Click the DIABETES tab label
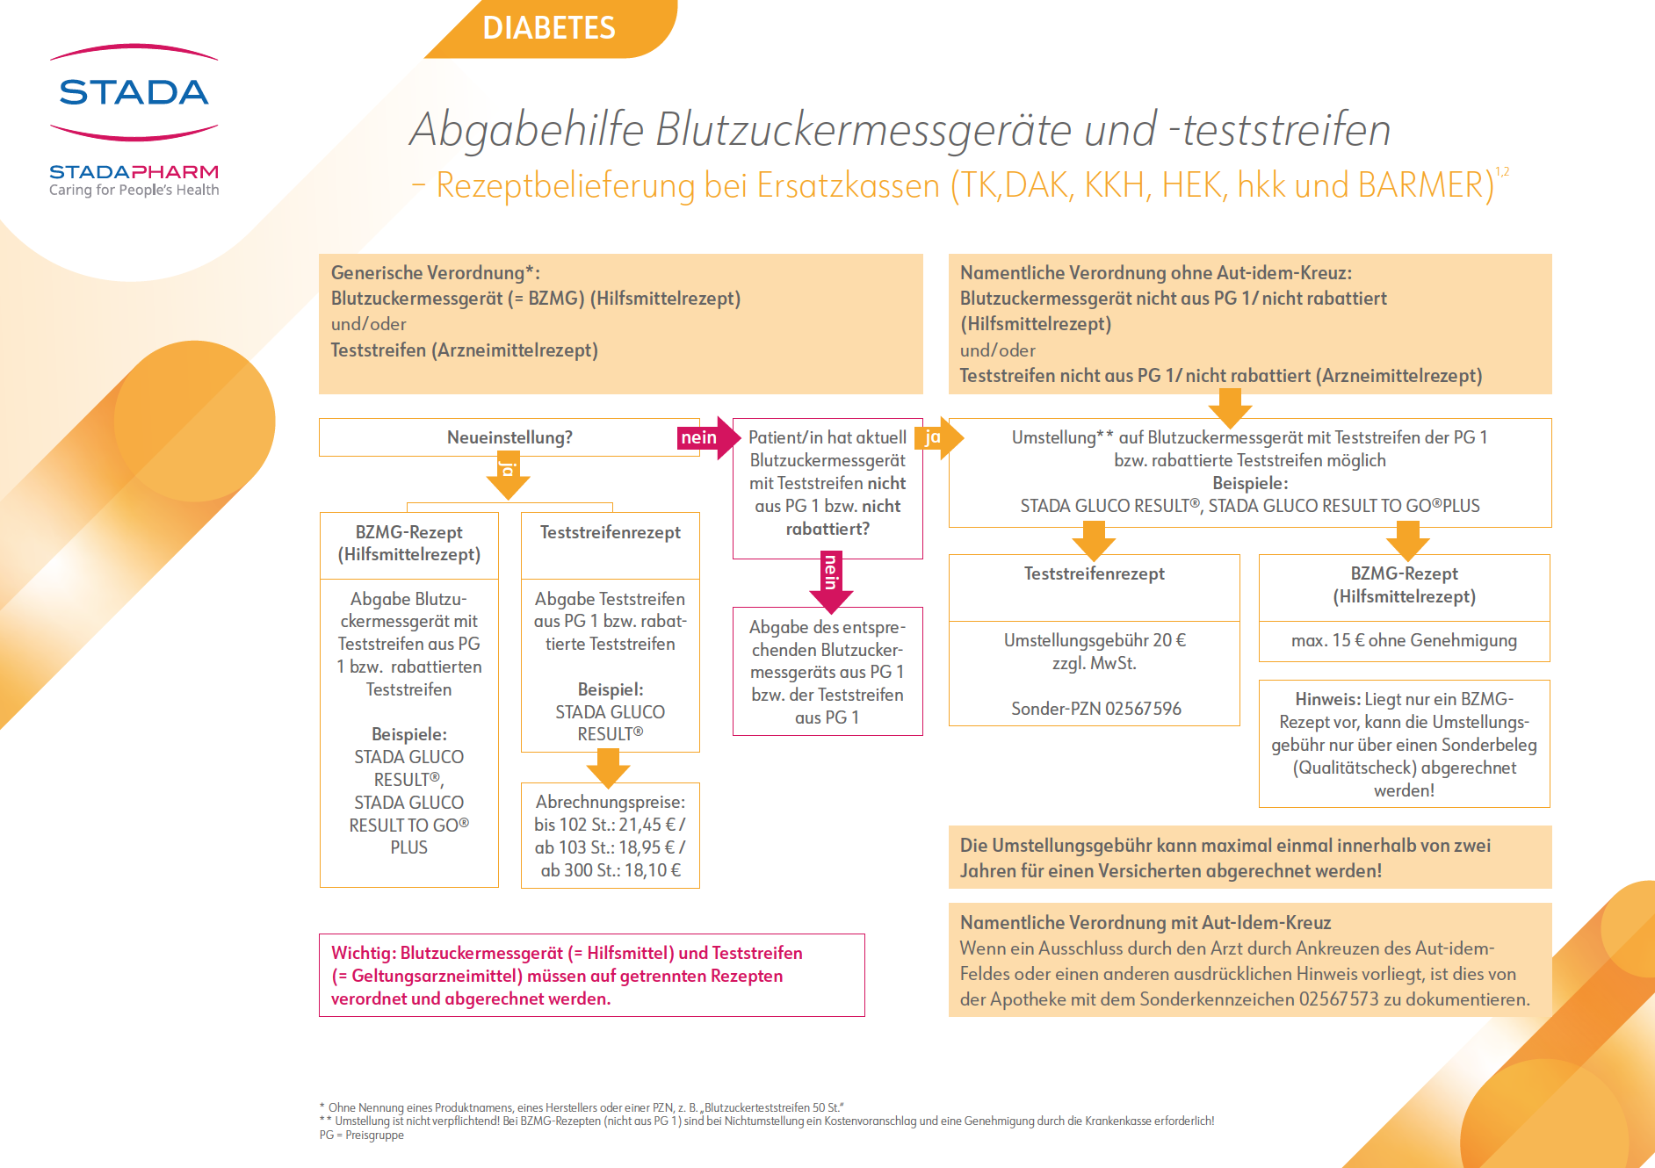pos(549,28)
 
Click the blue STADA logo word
pos(134,92)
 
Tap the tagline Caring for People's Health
pos(134,190)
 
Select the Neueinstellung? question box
pos(509,437)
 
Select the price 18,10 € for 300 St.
pos(652,870)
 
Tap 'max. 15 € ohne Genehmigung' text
pos(1404,640)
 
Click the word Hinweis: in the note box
pos(1327,699)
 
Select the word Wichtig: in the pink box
pos(363,953)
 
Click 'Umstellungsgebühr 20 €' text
pos(1095,640)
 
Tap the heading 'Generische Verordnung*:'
pos(435,272)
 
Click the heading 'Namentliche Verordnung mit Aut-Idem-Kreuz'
pos(1145,922)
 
